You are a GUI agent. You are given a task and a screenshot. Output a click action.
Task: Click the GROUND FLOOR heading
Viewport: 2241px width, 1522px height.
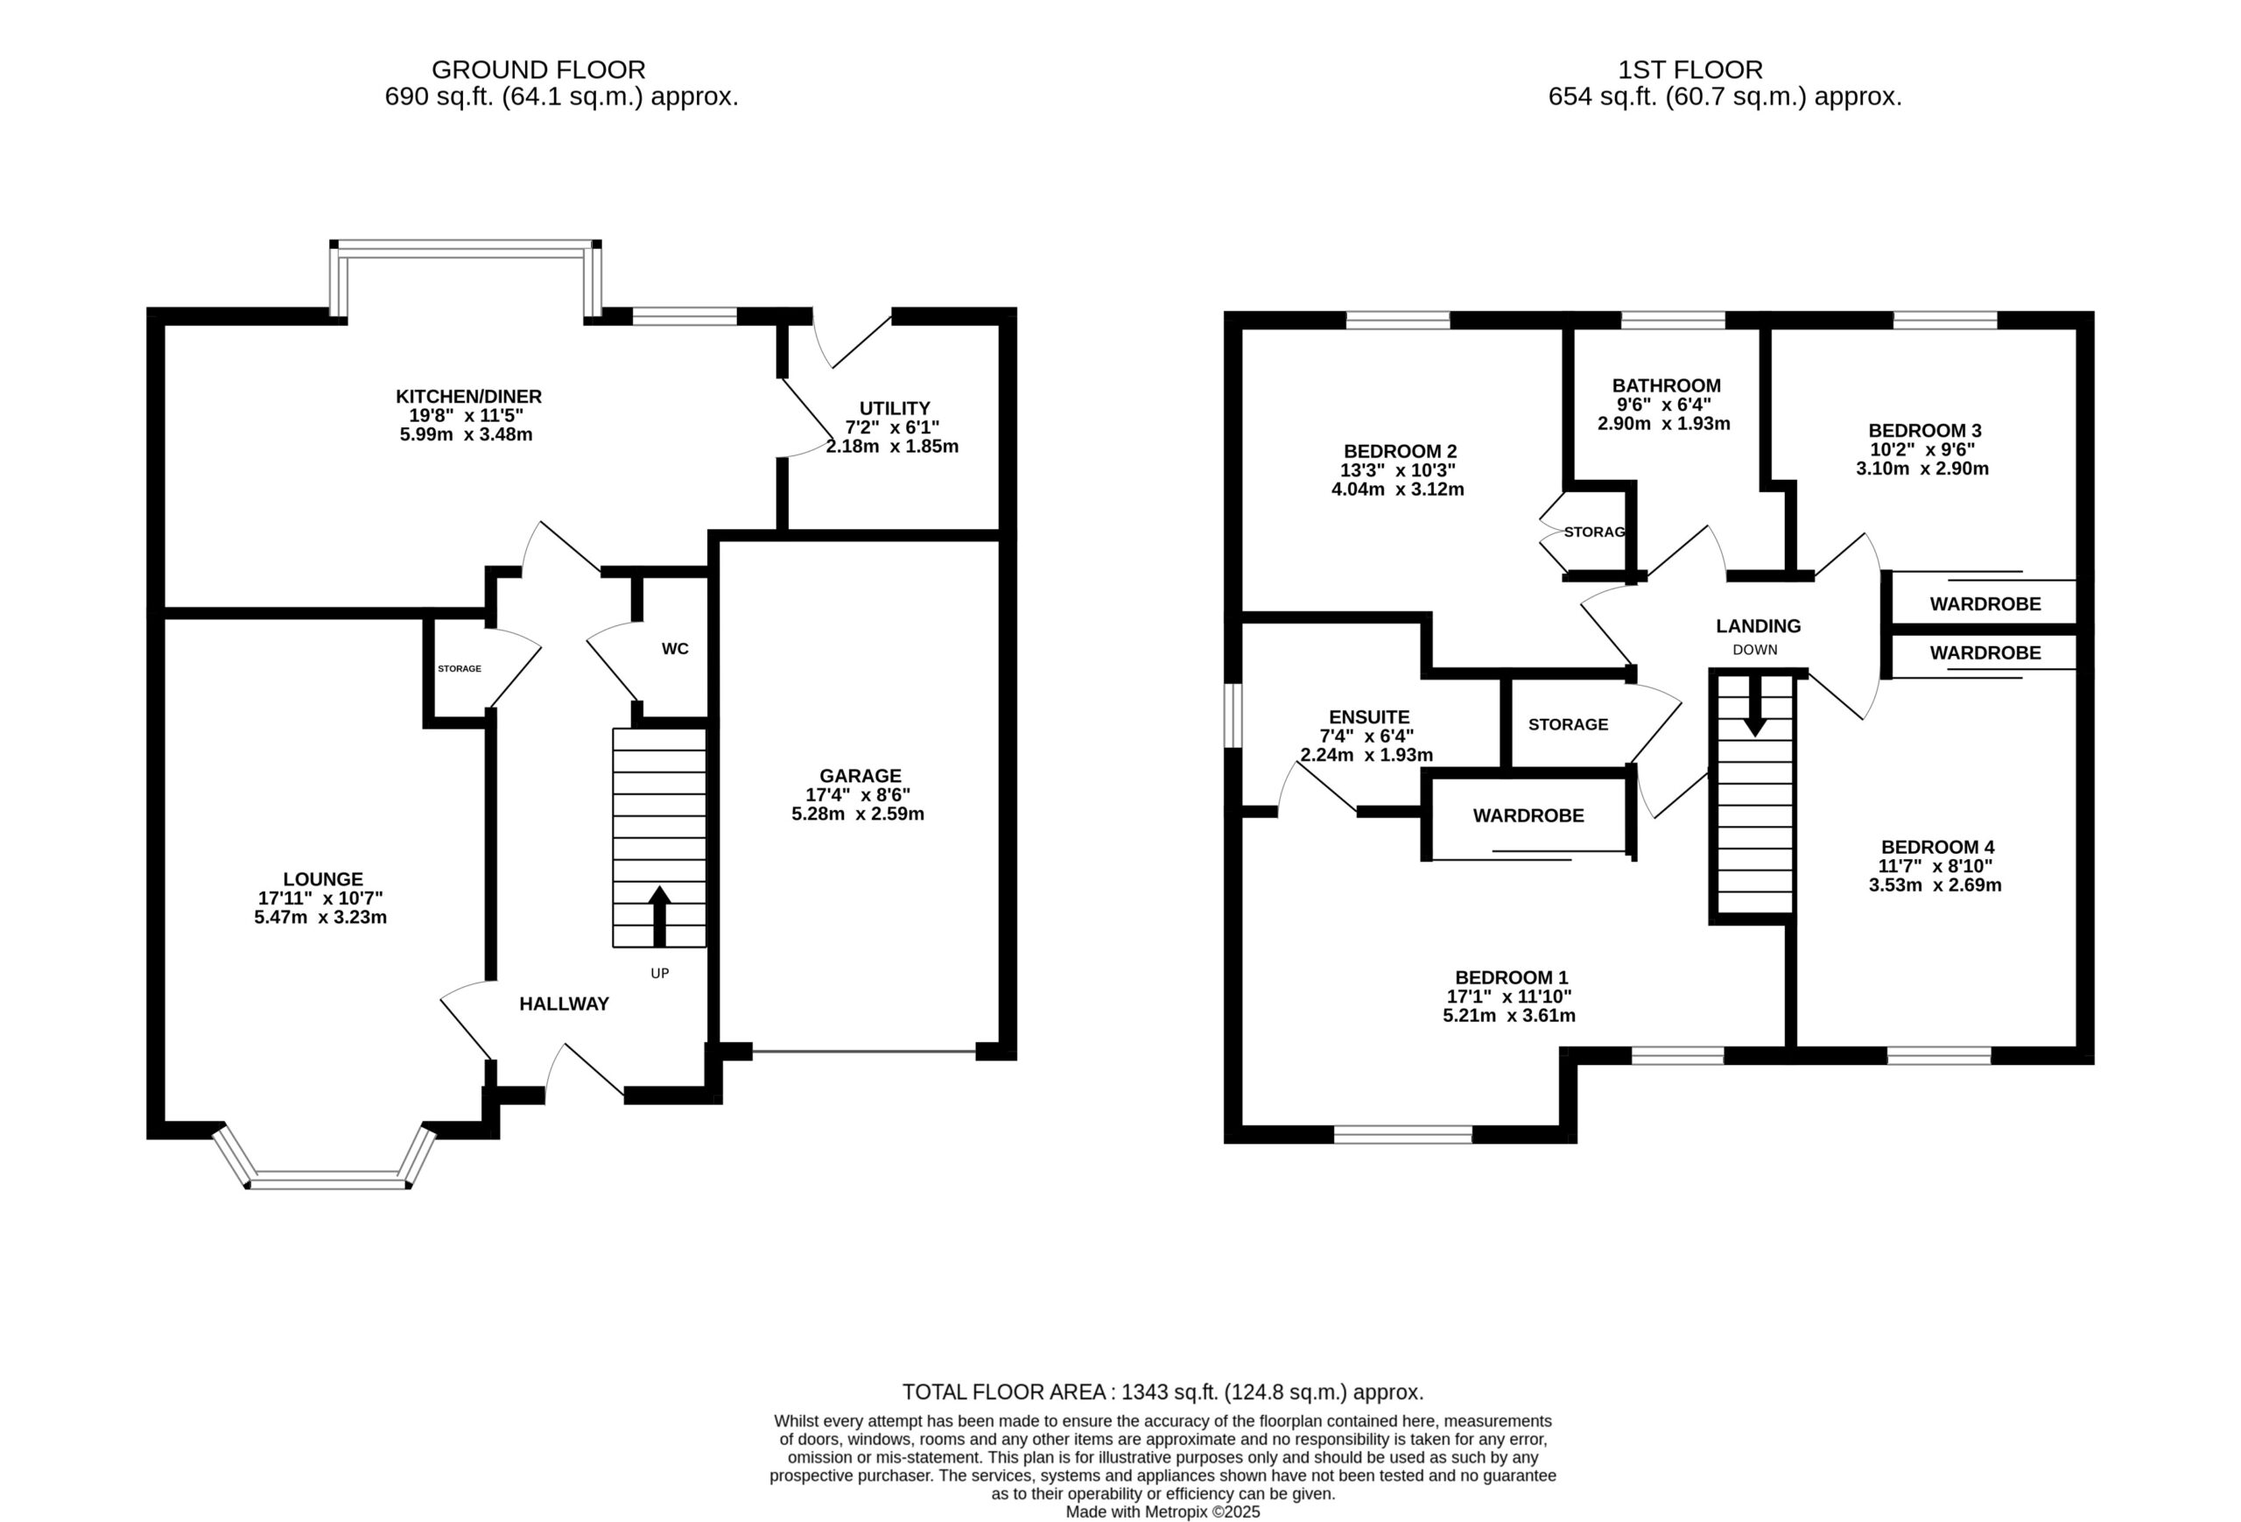[x=538, y=69]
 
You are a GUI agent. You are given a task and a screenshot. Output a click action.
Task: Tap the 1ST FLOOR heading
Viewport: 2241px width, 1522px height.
[x=1690, y=69]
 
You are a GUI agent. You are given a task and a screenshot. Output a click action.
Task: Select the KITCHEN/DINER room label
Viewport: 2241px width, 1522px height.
[x=468, y=397]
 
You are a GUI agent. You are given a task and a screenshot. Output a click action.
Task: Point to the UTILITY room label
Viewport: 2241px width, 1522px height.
[x=895, y=408]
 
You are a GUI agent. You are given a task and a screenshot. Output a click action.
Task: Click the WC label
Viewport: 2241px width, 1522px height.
[x=675, y=649]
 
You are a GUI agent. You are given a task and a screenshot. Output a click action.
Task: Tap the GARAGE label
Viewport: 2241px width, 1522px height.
[x=861, y=776]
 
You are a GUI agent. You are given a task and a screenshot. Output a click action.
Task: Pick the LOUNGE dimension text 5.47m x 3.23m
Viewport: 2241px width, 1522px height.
[x=320, y=917]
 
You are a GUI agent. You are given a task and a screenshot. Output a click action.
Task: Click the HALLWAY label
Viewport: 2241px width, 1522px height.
[x=564, y=1004]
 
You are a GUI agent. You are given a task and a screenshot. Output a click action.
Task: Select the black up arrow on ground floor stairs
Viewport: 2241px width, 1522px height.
[x=659, y=916]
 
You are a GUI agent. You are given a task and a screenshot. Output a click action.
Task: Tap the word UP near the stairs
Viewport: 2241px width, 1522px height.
[x=659, y=973]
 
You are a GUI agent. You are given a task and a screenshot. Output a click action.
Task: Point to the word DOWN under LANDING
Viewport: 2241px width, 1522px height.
[x=1755, y=650]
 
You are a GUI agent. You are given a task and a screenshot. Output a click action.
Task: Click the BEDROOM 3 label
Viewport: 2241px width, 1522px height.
[x=1925, y=431]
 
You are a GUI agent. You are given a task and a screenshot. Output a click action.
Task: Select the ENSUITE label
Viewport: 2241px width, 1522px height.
[x=1369, y=717]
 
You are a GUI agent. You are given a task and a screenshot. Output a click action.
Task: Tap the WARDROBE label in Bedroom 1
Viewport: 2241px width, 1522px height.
[x=1528, y=816]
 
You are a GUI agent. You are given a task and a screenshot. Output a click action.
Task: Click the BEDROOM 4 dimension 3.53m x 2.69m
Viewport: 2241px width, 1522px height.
[x=1935, y=885]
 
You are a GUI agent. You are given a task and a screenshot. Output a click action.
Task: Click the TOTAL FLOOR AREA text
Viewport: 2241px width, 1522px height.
[x=1163, y=1392]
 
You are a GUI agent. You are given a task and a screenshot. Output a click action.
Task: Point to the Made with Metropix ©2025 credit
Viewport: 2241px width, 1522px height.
[x=1163, y=1512]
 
